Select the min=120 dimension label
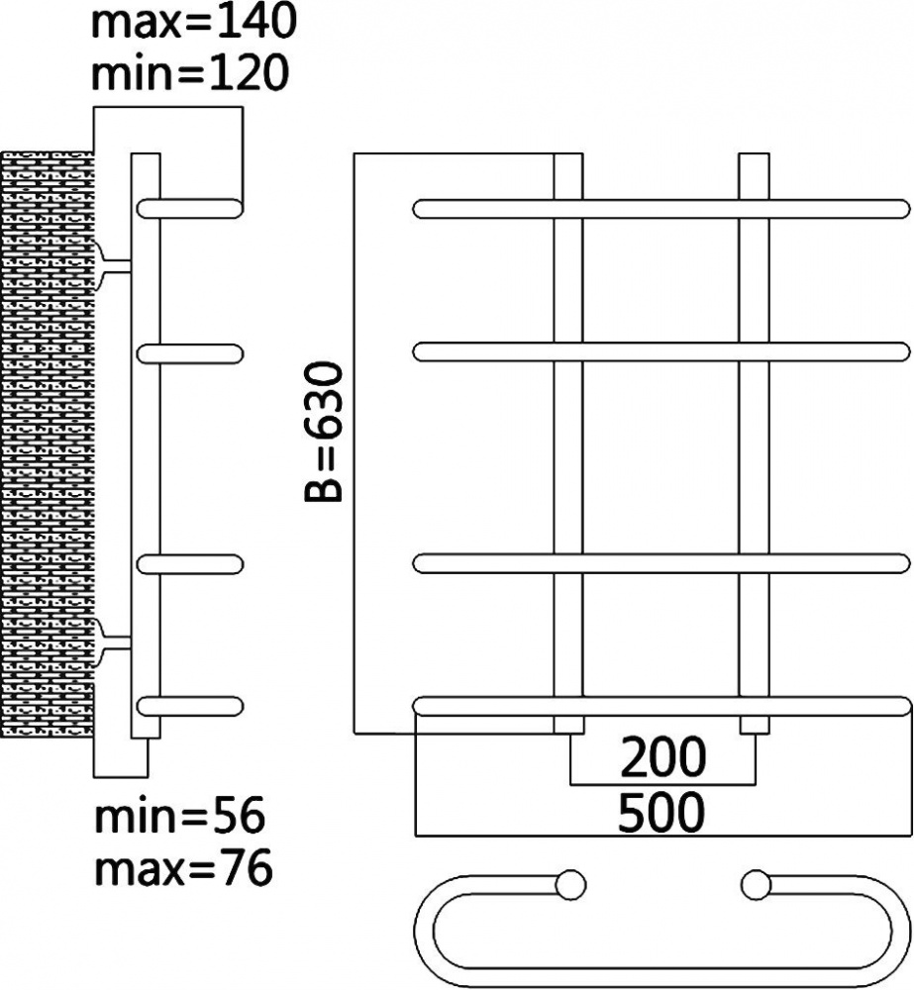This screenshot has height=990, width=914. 190,72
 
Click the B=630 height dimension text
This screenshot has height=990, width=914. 324,432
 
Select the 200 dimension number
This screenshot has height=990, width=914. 662,756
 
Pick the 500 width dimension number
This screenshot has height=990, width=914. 660,812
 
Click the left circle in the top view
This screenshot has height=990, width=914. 571,885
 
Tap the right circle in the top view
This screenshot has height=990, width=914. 756,885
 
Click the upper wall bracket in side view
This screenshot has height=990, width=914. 113,266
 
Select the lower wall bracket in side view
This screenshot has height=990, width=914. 113,643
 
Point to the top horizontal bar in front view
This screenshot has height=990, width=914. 661,209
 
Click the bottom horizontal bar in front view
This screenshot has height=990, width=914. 661,707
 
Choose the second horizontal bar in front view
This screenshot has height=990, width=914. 661,351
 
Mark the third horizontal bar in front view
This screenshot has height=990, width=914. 661,564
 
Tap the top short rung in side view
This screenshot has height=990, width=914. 190,208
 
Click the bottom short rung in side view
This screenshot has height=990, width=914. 190,706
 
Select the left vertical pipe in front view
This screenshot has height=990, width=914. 568,444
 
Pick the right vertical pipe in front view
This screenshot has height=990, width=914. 755,444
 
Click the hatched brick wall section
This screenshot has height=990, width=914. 48,444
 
